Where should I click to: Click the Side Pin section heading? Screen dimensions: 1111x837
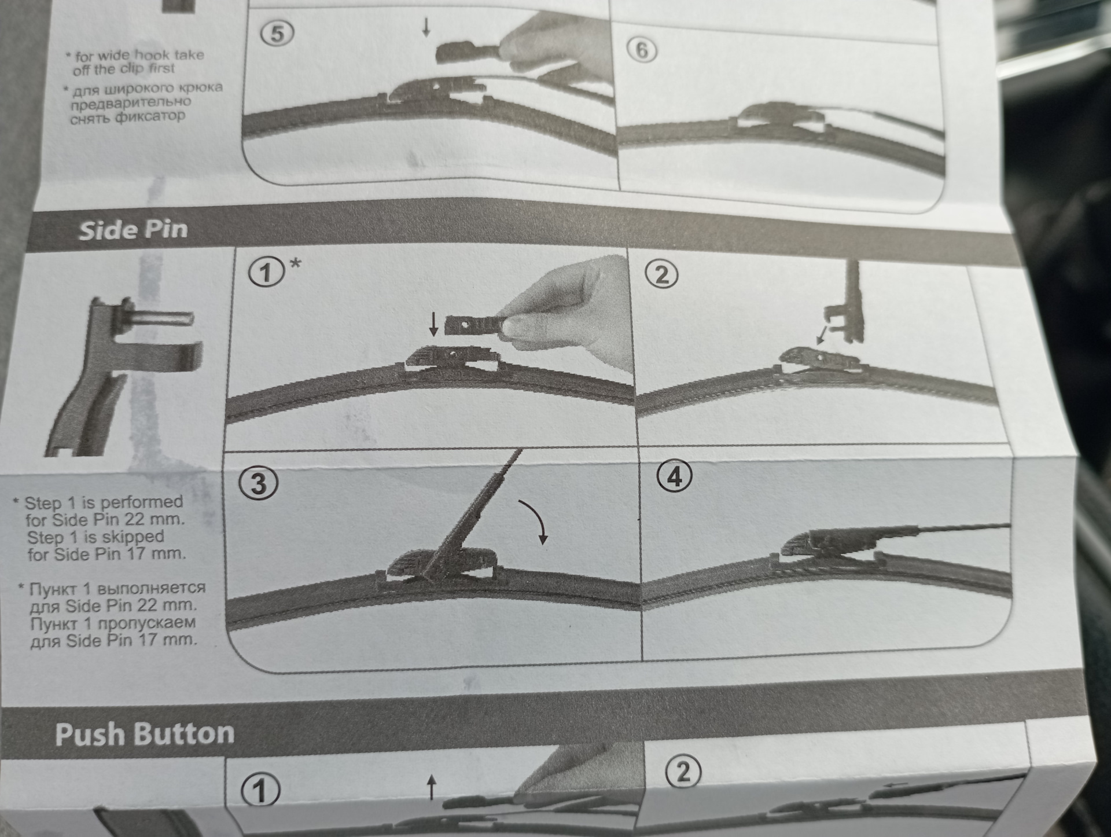click(x=133, y=230)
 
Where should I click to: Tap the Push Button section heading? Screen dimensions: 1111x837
click(x=145, y=734)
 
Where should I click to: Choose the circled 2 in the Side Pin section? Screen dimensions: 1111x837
click(x=663, y=275)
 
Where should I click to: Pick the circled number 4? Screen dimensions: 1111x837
click(x=675, y=477)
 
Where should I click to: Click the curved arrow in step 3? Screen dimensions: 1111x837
click(x=535, y=521)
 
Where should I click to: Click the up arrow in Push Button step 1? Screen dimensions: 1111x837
click(x=431, y=787)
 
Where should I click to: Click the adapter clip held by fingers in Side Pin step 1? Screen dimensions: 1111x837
click(x=472, y=327)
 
